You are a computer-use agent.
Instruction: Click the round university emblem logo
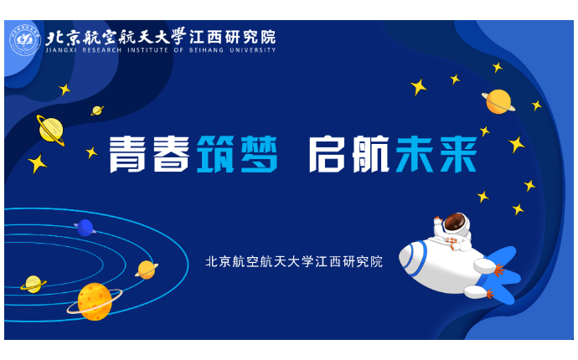pos(25,40)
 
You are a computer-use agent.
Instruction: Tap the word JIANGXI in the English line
pos(61,50)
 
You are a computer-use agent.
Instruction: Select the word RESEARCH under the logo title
pos(101,50)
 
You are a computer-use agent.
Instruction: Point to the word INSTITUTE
pos(147,50)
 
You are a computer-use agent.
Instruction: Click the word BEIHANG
pos(206,50)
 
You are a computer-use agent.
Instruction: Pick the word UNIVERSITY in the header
pos(252,50)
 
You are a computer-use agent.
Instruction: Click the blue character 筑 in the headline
pos(215,154)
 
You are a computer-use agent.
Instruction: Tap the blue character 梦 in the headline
pos(259,154)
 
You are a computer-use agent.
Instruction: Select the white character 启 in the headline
pos(327,154)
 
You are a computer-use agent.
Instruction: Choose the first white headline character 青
pos(127,154)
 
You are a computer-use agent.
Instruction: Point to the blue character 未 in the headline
pos(414,154)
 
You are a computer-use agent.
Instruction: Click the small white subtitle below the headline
pos(294,261)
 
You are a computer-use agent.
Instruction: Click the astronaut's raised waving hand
pos(437,222)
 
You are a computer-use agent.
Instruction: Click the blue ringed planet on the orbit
pos(85,228)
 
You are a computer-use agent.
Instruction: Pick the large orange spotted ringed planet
pos(95,301)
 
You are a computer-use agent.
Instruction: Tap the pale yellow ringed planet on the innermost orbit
pos(34,284)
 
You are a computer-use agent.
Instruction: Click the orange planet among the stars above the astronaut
pos(498,101)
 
